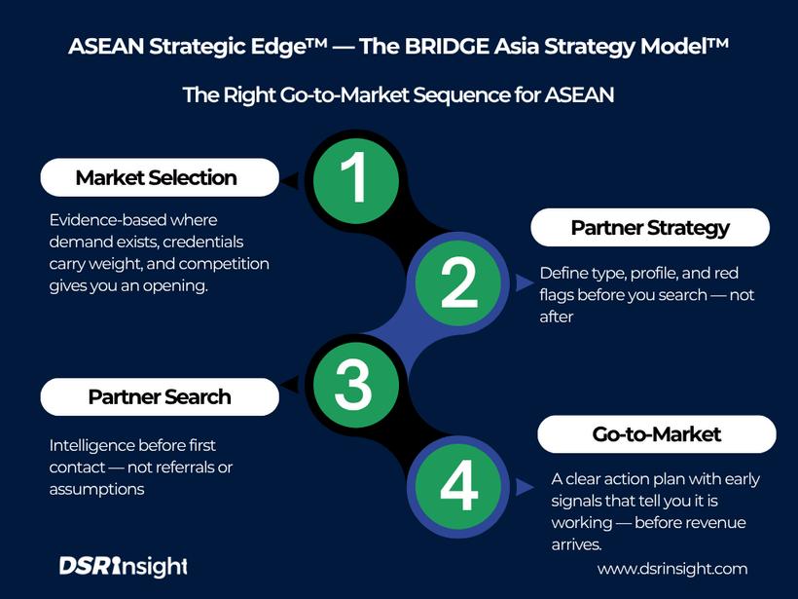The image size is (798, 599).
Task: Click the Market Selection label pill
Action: pyautogui.click(x=157, y=178)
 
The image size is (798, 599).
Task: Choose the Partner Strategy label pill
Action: pyautogui.click(x=649, y=228)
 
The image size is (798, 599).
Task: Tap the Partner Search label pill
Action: pyautogui.click(x=159, y=396)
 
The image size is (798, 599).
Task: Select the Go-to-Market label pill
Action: pyautogui.click(x=657, y=434)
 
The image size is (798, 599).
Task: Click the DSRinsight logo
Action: pyautogui.click(x=123, y=566)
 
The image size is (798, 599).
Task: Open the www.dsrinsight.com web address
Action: pyautogui.click(x=672, y=569)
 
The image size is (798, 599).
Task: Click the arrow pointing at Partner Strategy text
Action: pyautogui.click(x=526, y=282)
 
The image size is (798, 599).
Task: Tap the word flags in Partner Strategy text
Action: pyautogui.click(x=561, y=295)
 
